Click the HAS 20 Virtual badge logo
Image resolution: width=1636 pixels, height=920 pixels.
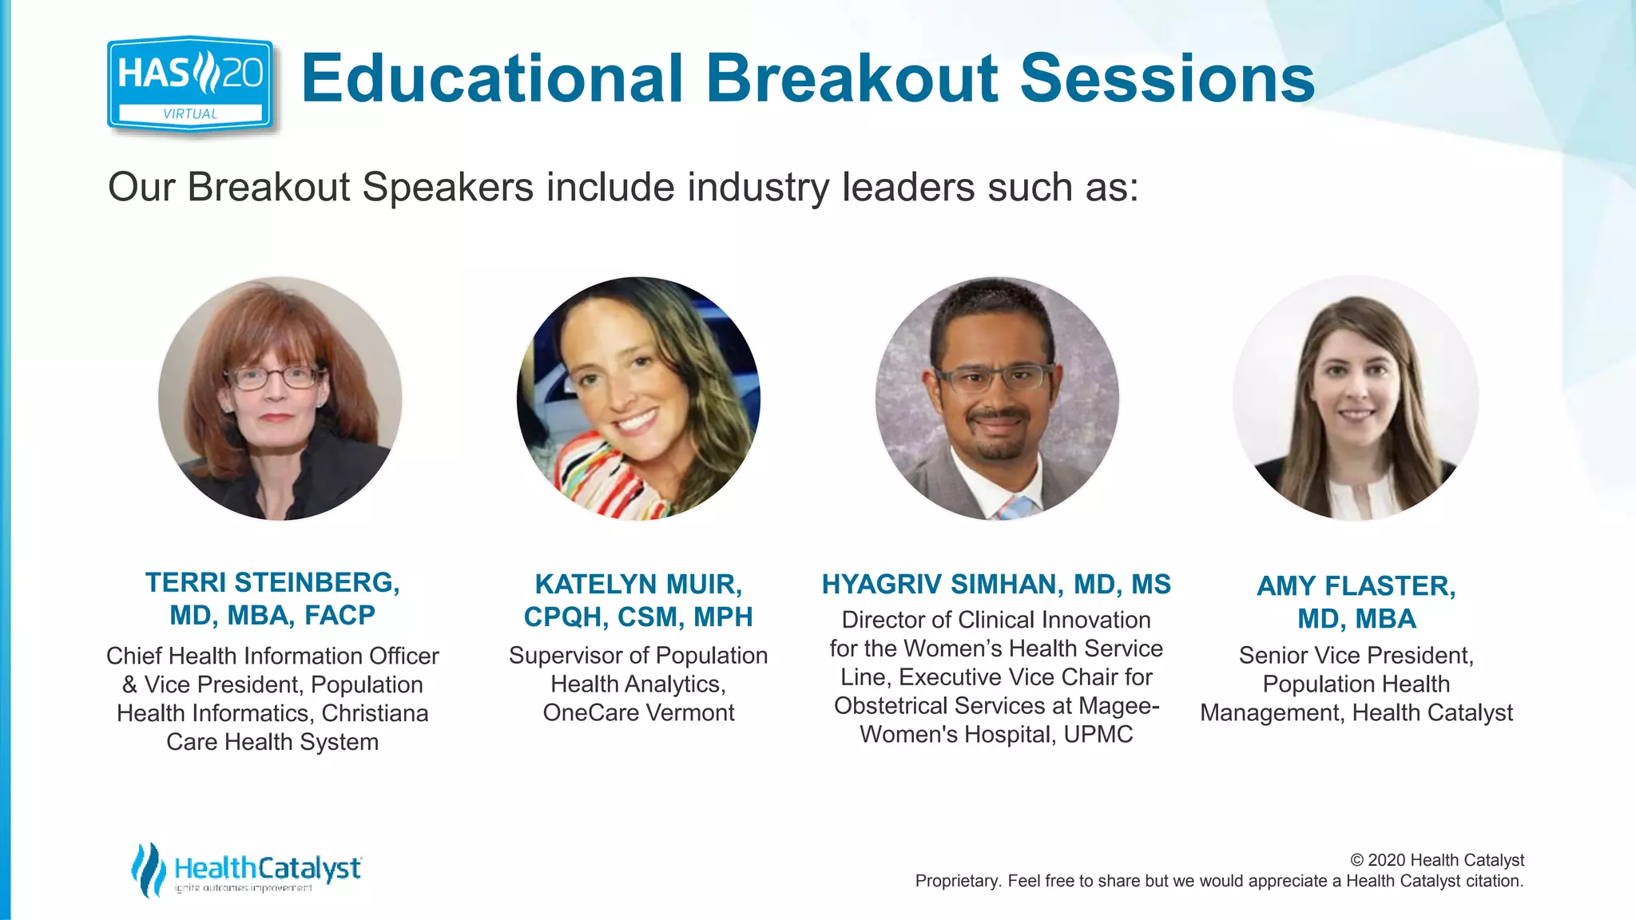coord(190,84)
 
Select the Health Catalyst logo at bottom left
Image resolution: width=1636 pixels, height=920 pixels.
coord(246,870)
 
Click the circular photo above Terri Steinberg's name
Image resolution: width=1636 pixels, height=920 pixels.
coord(280,399)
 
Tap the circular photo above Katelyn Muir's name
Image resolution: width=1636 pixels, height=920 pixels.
coord(638,399)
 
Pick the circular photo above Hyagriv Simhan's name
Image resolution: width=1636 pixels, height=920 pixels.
coord(997,399)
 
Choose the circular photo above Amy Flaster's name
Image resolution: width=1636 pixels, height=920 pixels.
coord(1356,399)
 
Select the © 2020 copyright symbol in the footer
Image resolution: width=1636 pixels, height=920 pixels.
coord(1356,860)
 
